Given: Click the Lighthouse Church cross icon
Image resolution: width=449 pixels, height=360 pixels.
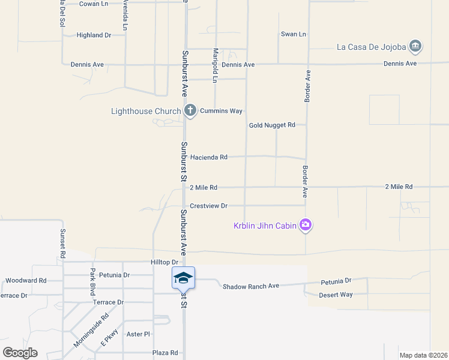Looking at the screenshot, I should pos(190,110).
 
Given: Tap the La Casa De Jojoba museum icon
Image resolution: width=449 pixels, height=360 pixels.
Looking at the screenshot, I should pos(415,46).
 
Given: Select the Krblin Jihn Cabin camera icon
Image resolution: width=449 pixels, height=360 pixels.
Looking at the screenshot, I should pos(306,225).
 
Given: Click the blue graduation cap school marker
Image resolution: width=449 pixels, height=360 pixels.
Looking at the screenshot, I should pos(183,278).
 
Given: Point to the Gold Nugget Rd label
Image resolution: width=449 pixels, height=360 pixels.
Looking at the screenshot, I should pos(273,125).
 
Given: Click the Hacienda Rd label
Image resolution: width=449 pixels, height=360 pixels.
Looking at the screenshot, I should pos(209,157).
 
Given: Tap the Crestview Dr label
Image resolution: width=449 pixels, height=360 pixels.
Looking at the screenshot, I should pos(209,206).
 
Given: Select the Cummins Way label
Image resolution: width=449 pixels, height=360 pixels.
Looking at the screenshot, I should pos(221,111).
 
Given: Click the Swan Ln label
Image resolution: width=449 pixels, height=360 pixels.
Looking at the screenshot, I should pos(294,34).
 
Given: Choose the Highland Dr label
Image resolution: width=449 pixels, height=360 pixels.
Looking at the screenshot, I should pos(94,35).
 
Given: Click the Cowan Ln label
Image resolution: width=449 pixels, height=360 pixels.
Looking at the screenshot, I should pos(94,4).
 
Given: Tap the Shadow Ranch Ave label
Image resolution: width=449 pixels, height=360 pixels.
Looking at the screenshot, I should pos(251,286).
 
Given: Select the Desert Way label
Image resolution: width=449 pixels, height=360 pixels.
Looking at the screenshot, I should pos(336,295).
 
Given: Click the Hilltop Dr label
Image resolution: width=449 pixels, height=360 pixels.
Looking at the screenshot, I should pos(165,262).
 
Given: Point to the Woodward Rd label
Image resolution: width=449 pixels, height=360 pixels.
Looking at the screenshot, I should pos(26,280).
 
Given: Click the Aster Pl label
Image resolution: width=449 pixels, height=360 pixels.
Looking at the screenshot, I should pos(138,334).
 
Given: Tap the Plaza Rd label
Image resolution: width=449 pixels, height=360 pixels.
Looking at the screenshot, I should pos(165,353).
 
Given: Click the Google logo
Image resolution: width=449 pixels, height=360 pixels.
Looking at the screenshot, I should pos(20,352).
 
